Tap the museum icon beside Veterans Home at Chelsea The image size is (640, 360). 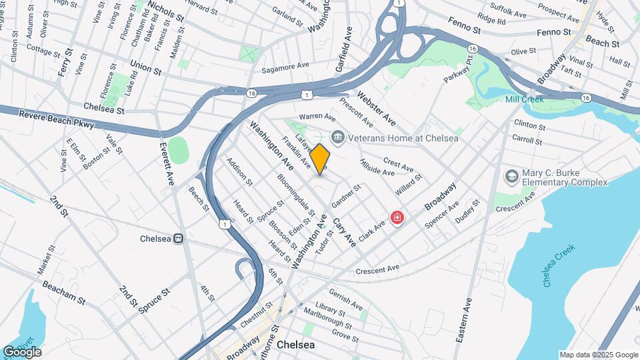337,138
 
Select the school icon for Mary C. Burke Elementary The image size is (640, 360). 511,176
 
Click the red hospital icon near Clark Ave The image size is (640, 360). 397,218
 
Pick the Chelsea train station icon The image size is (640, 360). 179,239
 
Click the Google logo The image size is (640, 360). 23,352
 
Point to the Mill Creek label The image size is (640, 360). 525,99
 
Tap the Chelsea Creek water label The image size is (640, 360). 559,265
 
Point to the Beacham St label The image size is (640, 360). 64,292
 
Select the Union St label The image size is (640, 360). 146,68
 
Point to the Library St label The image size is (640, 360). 330,310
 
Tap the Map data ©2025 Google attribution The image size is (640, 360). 599,355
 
